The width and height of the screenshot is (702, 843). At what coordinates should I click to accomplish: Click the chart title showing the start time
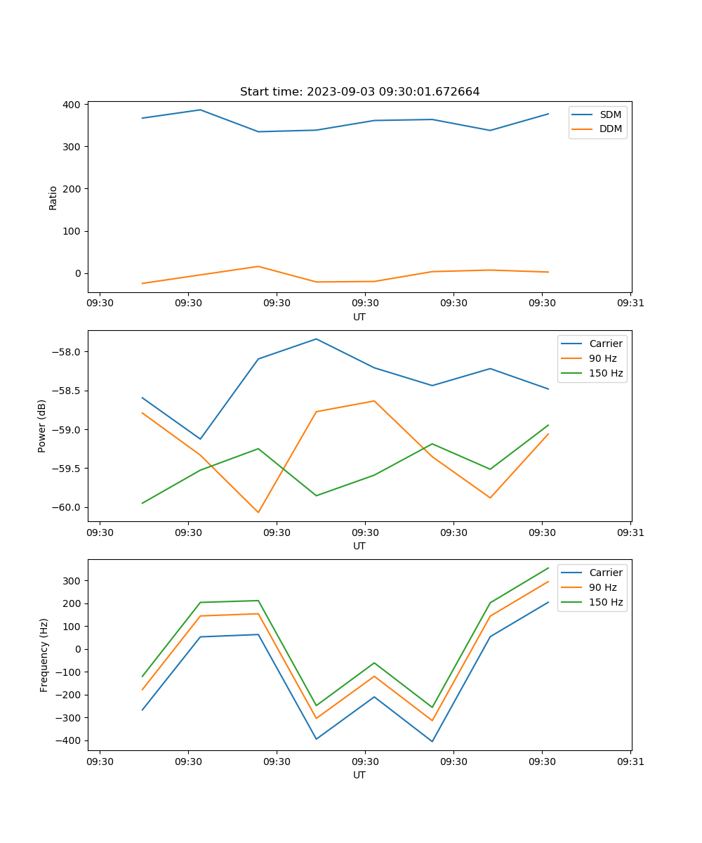[359, 92]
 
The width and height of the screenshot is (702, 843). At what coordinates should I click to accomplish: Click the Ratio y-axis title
[53, 198]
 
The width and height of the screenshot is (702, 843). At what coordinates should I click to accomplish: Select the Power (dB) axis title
[42, 426]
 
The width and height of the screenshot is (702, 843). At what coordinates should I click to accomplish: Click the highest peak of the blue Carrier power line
[316, 339]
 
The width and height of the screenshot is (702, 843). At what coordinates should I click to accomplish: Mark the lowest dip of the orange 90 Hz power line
[258, 512]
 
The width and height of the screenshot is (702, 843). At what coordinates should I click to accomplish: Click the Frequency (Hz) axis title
[44, 655]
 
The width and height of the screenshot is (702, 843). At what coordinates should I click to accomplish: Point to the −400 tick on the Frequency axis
[70, 740]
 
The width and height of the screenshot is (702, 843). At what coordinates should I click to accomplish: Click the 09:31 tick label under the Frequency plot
[630, 761]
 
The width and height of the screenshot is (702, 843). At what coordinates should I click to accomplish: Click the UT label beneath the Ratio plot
[359, 317]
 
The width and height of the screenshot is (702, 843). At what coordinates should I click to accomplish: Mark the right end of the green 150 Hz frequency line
[548, 568]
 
